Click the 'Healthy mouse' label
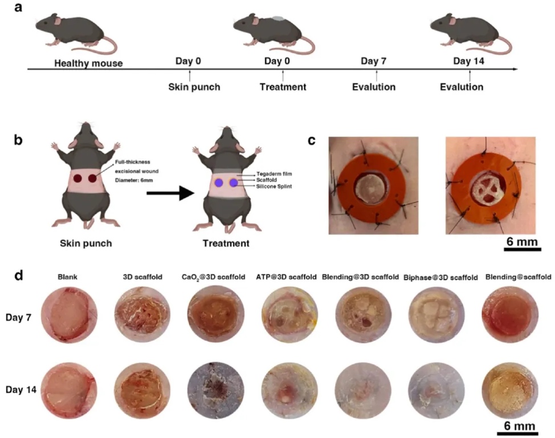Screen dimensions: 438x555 pyautogui.click(x=88, y=63)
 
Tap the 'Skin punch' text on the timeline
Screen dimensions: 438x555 pyautogui.click(x=190, y=87)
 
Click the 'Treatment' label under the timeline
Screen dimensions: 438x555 pyautogui.click(x=283, y=87)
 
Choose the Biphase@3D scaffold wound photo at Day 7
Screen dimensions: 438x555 pyautogui.click(x=436, y=315)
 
